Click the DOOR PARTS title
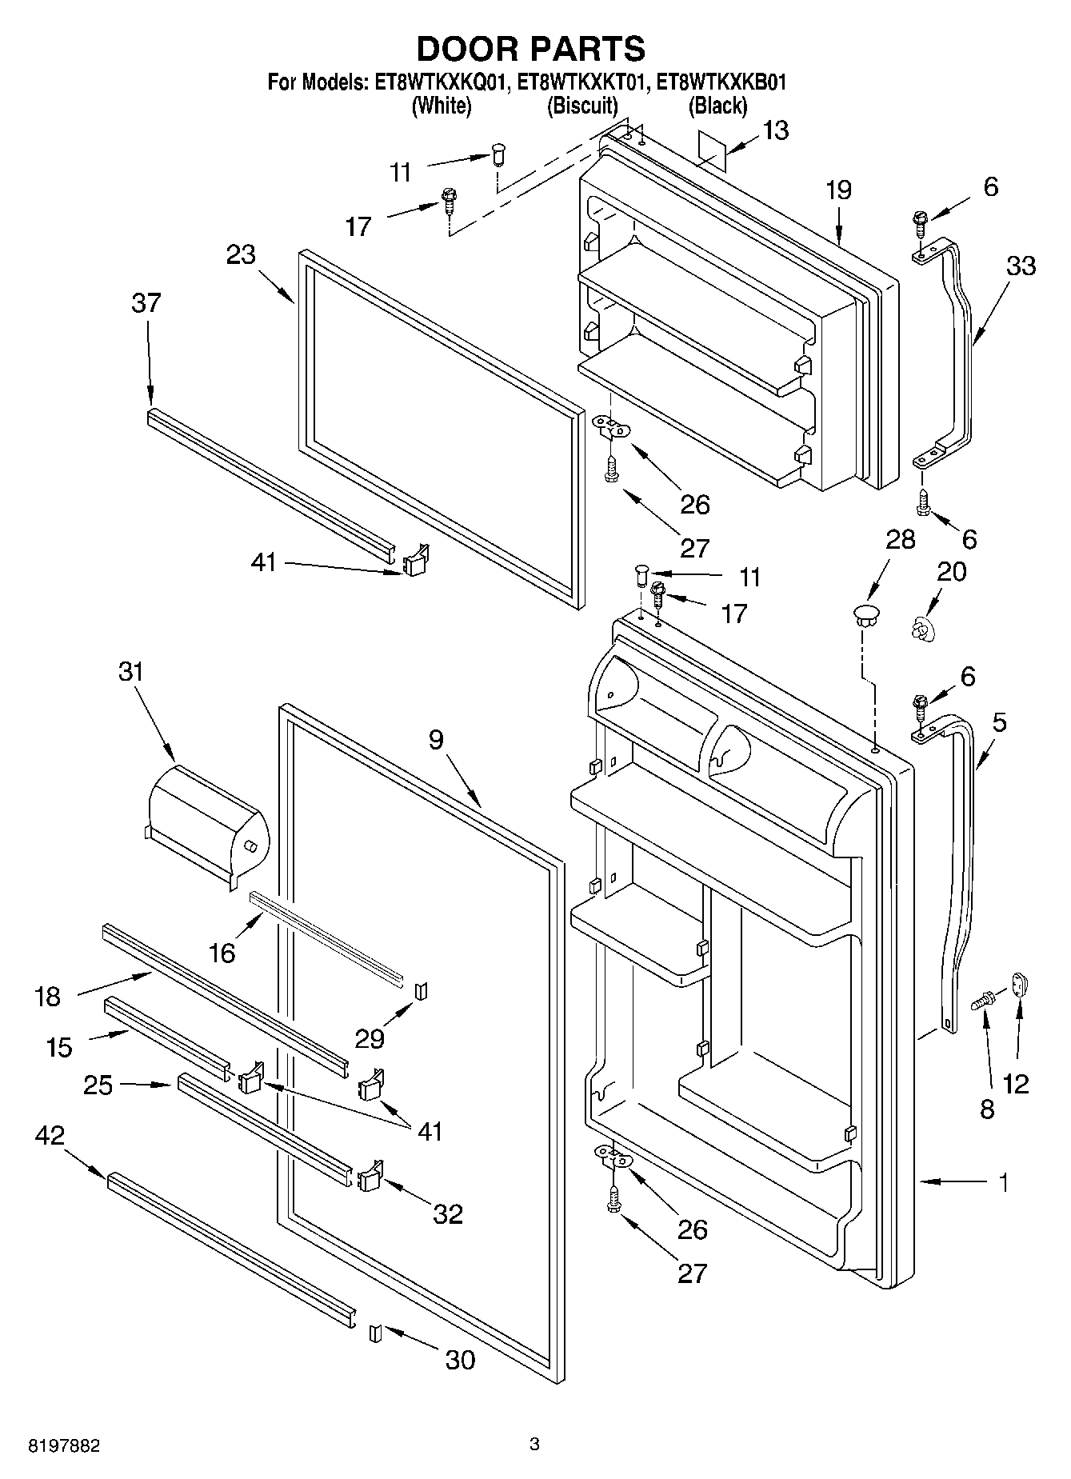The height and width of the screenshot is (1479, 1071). pos(531,49)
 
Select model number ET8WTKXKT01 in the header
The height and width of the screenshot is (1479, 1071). pos(581,82)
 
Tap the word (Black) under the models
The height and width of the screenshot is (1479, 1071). pos(717,105)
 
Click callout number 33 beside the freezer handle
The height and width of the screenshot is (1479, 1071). pos(1020,266)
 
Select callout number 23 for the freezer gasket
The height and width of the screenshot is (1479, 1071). pos(241,255)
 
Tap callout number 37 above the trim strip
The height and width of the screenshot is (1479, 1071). pos(146,303)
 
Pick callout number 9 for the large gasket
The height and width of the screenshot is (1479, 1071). pos(435,740)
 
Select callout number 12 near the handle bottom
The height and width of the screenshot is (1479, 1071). pos(1016,1083)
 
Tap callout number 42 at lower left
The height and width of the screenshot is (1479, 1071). pos(50,1135)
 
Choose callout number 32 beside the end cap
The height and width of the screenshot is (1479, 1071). pos(448,1214)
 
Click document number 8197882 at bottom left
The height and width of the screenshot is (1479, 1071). pos(64,1445)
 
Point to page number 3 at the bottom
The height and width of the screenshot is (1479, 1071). pos(534,1445)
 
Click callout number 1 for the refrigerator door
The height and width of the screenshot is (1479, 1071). pos(1003,1182)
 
